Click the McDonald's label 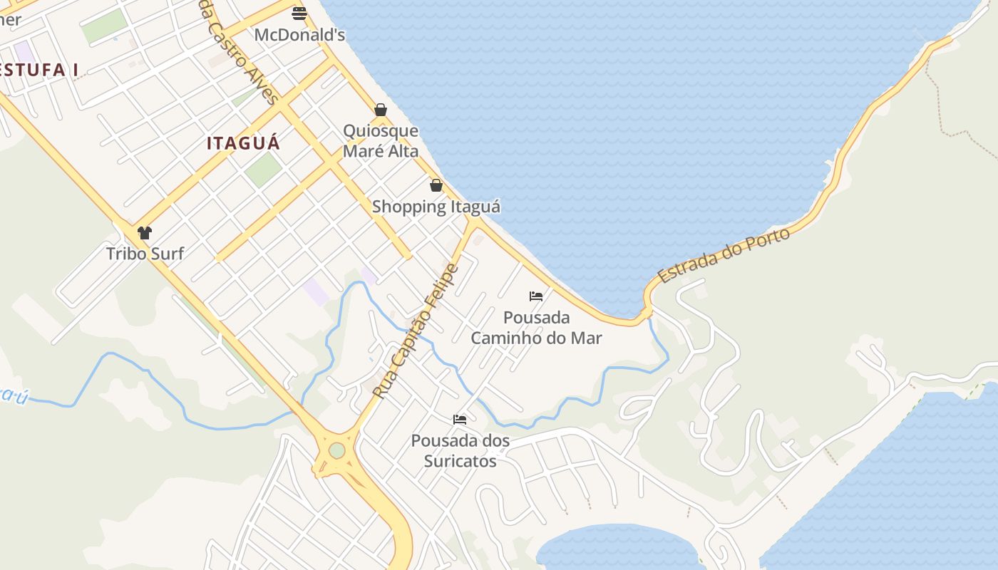tap(299, 34)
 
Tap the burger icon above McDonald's tap(299, 13)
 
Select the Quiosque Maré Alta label tap(381, 141)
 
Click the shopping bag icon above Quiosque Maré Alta tap(381, 110)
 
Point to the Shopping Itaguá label tap(436, 207)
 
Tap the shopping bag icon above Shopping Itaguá tap(436, 185)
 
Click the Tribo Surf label tap(145, 253)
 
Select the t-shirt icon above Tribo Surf tap(145, 232)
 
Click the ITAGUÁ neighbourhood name tap(243, 143)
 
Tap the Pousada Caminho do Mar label tap(536, 327)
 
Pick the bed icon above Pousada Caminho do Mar tap(536, 296)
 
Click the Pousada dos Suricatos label tap(461, 450)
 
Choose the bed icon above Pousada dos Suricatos tap(460, 419)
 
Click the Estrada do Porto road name tap(724, 255)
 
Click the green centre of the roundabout tap(336, 450)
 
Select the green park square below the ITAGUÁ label tap(263, 170)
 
